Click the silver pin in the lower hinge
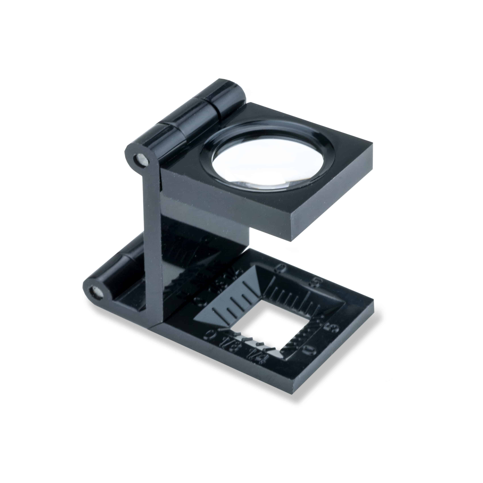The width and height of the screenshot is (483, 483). click(97, 292)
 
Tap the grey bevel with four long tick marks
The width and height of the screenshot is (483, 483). click(233, 302)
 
